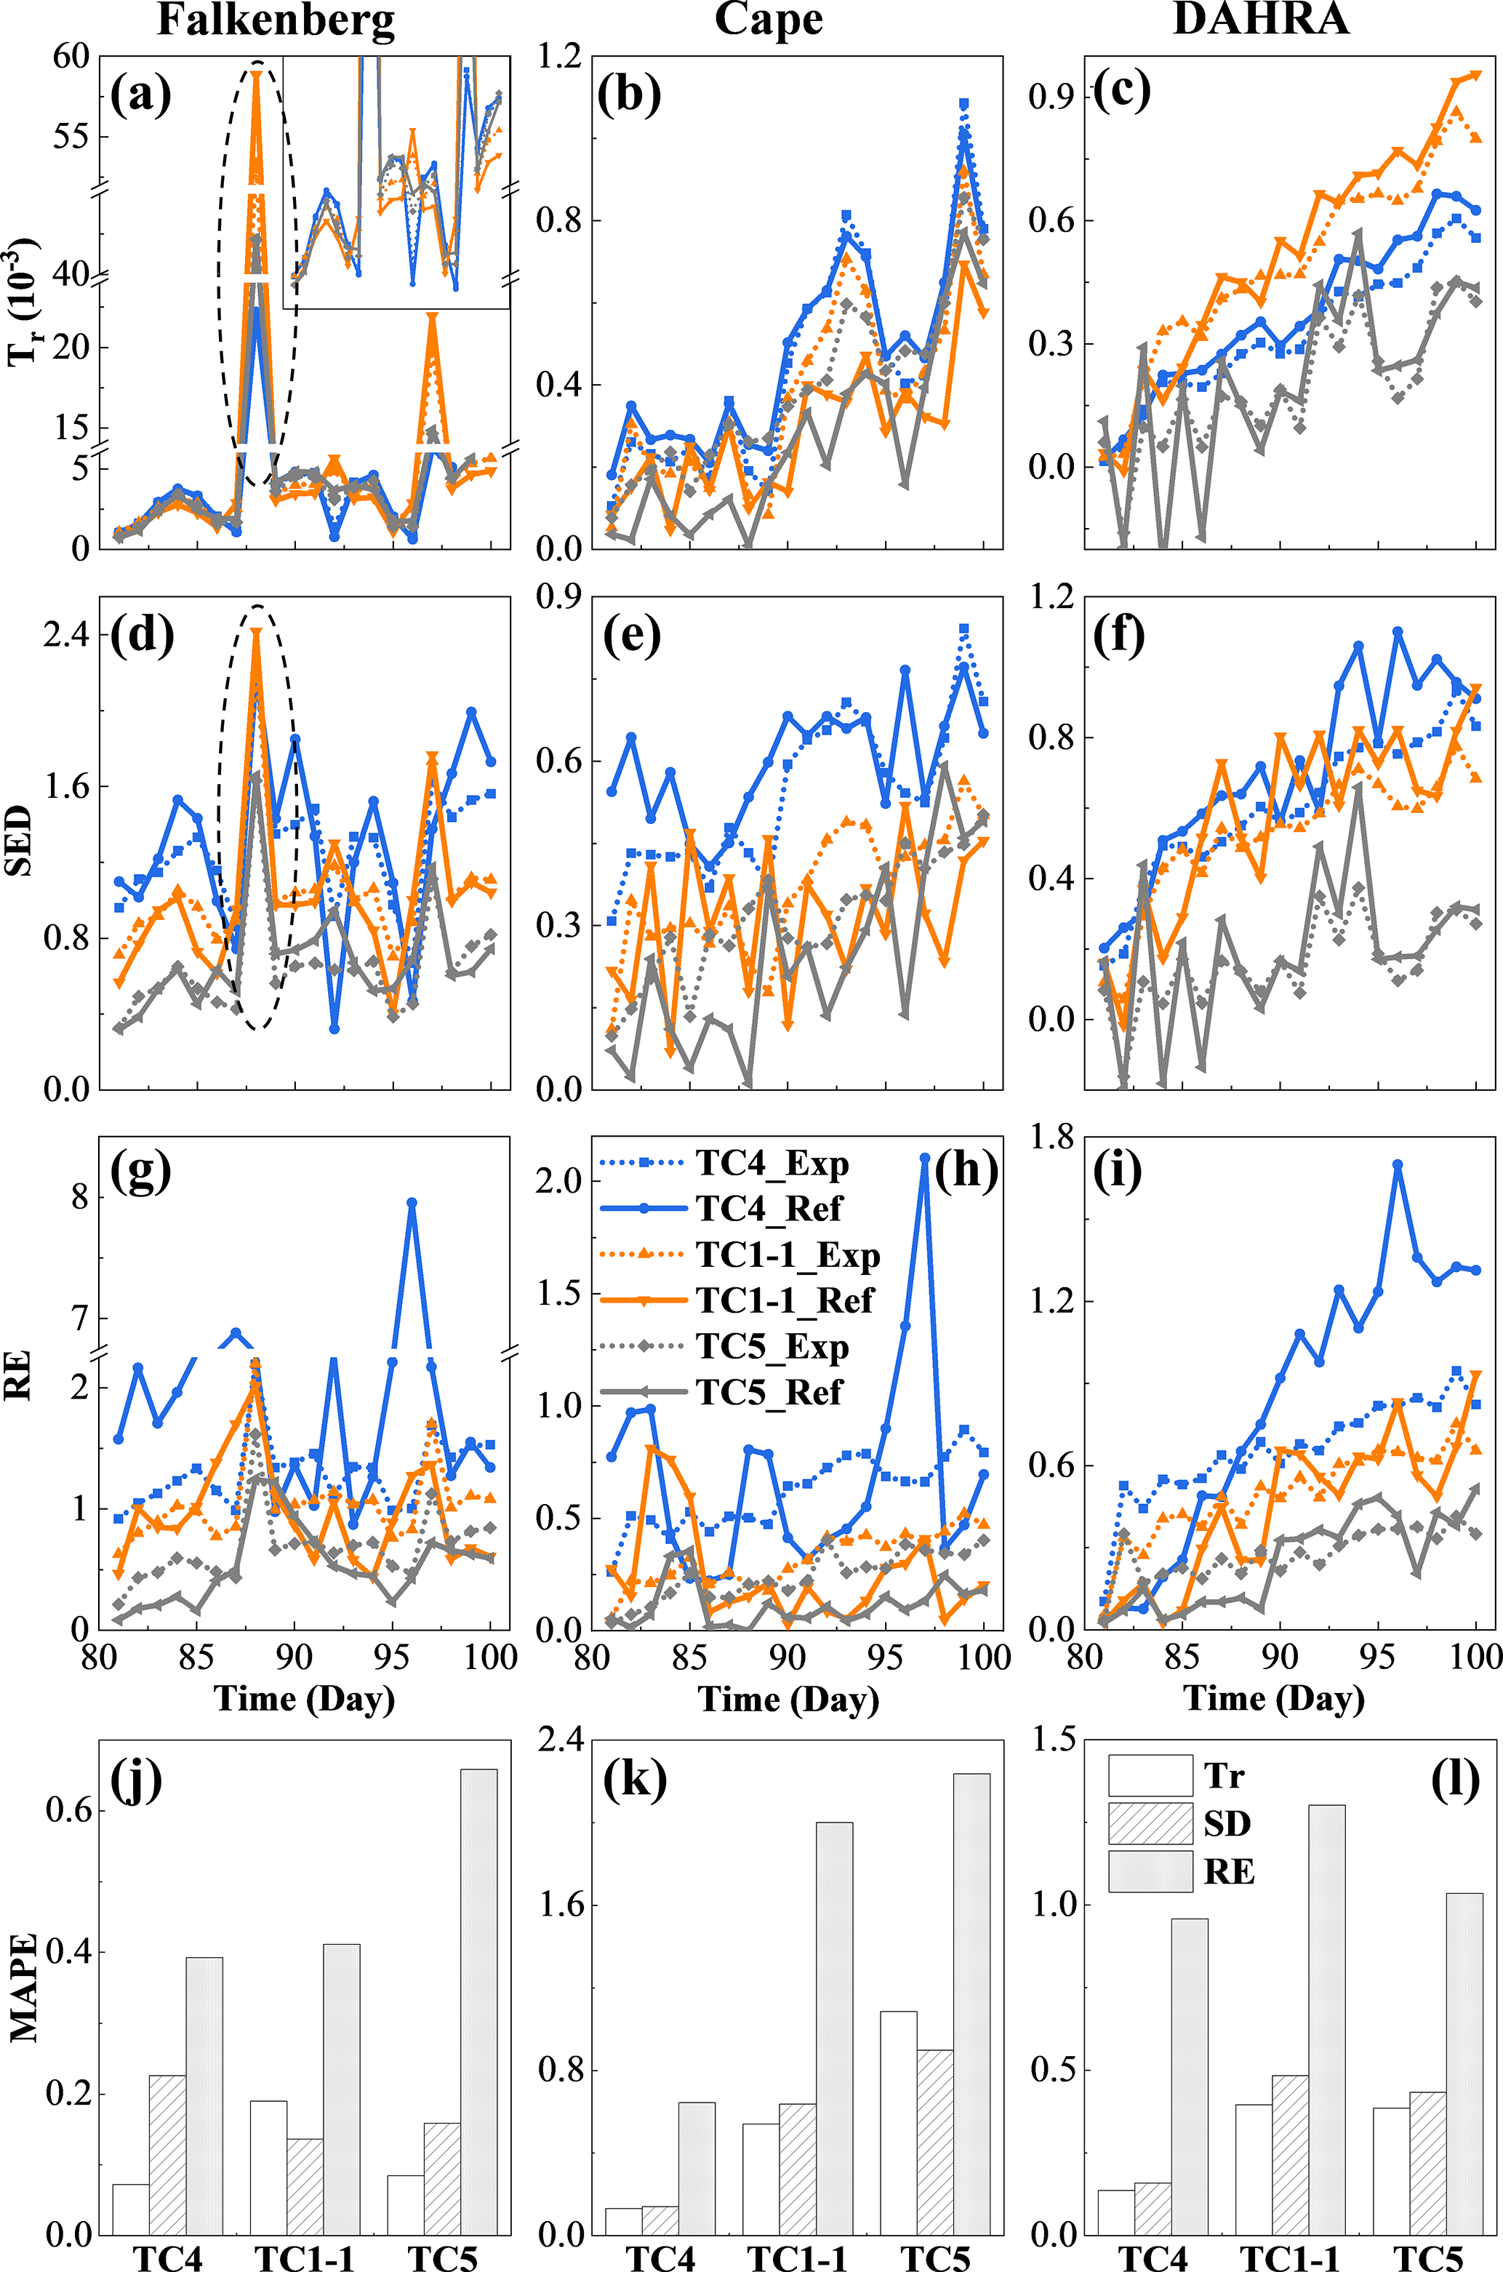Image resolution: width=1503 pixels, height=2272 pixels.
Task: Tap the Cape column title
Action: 769,21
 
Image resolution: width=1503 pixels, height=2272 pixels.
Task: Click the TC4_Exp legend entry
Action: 771,1164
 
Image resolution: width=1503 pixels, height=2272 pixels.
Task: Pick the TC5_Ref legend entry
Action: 769,1392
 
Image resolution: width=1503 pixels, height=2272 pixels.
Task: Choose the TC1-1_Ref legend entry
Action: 785,1301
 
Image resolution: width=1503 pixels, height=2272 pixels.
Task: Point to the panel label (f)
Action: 1118,636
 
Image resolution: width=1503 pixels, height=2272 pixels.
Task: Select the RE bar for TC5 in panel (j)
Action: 478,2003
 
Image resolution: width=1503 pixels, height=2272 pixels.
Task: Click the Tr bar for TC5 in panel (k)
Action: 898,2124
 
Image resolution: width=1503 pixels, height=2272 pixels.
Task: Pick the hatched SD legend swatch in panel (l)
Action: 1150,1824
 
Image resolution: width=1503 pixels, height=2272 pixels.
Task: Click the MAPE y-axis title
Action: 23,1988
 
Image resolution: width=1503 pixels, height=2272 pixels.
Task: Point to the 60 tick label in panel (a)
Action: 71,57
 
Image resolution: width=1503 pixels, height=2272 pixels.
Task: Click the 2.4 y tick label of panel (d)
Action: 65,635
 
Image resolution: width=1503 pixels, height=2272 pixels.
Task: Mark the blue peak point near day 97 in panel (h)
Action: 925,1158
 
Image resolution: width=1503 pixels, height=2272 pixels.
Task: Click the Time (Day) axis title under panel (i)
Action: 1274,1699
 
